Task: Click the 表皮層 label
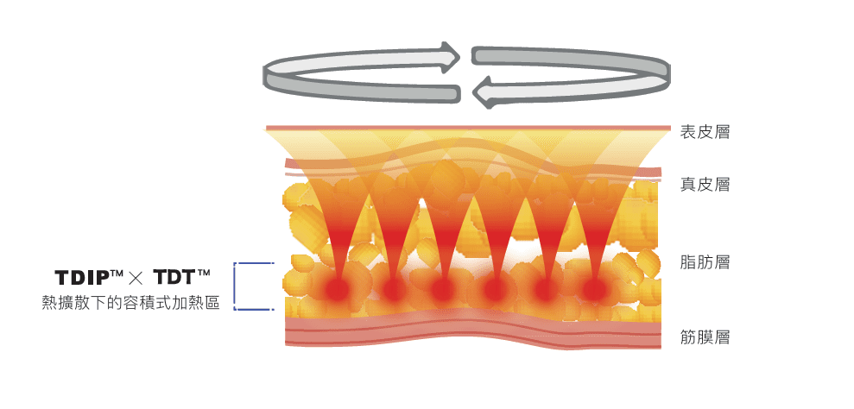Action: click(x=705, y=132)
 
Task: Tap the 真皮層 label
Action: click(x=705, y=184)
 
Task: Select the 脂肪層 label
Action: click(x=705, y=262)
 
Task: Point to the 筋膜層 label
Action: click(x=705, y=337)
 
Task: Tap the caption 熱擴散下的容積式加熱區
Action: click(x=130, y=303)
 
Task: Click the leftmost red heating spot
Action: click(x=336, y=289)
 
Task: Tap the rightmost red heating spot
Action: click(x=594, y=289)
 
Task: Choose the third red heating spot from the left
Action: click(x=443, y=290)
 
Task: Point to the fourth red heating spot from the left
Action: click(x=495, y=290)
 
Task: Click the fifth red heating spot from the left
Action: click(x=545, y=290)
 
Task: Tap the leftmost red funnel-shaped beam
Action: click(x=332, y=224)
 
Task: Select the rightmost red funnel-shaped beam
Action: click(x=596, y=224)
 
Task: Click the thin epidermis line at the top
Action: click(x=466, y=129)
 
